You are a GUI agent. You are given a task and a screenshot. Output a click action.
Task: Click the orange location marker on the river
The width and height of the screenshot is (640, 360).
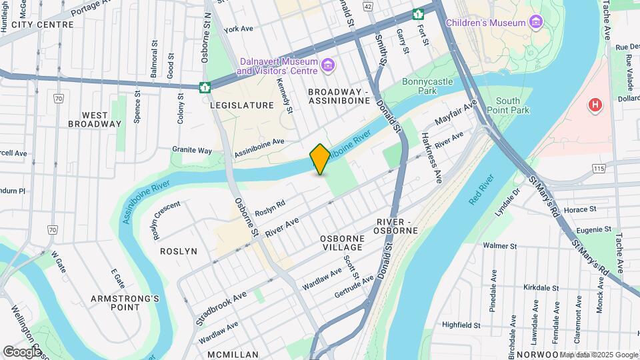pyautogui.click(x=320, y=159)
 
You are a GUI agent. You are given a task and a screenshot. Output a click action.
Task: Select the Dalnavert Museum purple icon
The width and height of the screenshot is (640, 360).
pyautogui.click(x=327, y=65)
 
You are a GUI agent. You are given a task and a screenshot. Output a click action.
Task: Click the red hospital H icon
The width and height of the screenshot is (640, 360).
pyautogui.click(x=595, y=105)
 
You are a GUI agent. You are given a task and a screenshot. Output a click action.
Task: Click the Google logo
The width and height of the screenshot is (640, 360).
pyautogui.click(x=23, y=351)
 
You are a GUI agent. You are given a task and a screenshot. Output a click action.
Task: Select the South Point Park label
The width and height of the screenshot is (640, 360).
pyautogui.click(x=508, y=105)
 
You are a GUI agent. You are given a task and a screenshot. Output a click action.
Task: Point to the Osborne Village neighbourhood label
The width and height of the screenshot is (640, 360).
pyautogui.click(x=342, y=243)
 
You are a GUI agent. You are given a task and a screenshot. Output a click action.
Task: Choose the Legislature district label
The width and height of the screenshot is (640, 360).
pyautogui.click(x=241, y=105)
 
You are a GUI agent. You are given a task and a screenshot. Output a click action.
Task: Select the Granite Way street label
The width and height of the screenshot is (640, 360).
pyautogui.click(x=192, y=150)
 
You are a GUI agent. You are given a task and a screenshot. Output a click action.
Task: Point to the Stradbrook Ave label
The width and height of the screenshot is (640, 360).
pyautogui.click(x=221, y=307)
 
